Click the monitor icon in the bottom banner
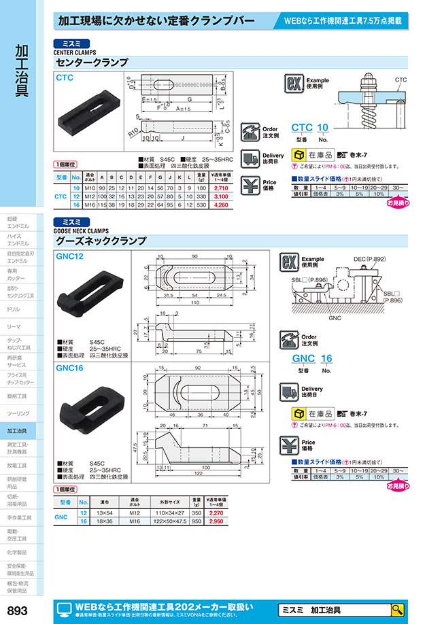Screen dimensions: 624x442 coord(63,609)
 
